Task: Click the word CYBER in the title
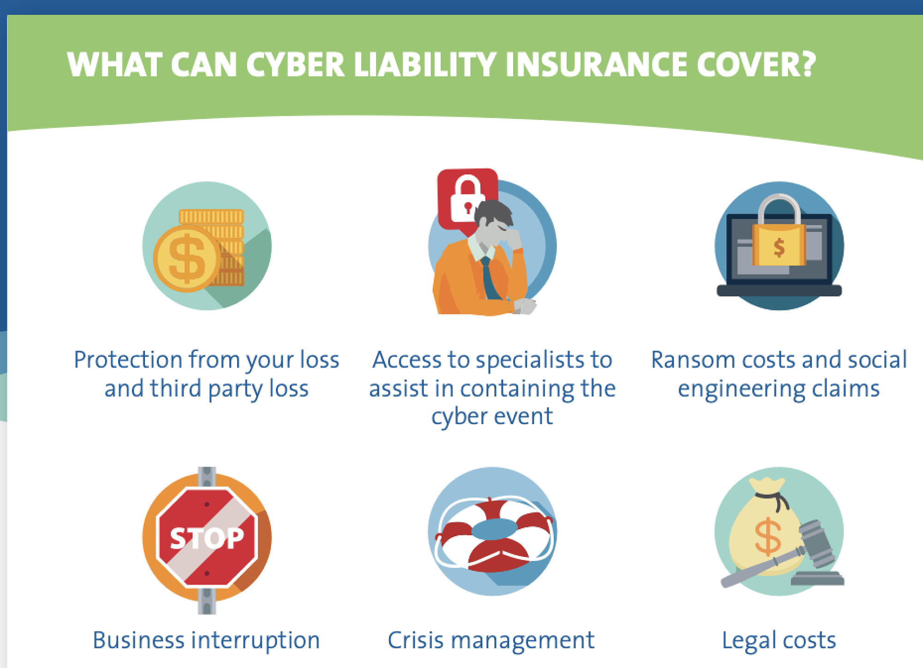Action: click(295, 64)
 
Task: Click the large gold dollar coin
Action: click(187, 258)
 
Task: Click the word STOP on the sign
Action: click(207, 538)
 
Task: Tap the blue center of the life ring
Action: click(494, 529)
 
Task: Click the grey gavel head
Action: click(816, 544)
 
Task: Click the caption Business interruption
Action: click(206, 640)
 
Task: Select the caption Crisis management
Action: click(491, 641)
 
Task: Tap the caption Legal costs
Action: click(779, 641)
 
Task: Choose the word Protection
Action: click(128, 360)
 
